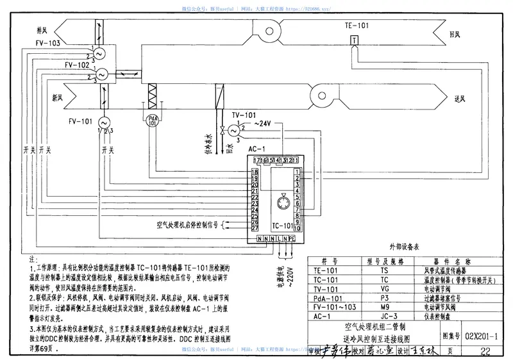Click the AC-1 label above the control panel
point(256,149)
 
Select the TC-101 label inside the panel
point(282,226)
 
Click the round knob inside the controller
point(283,202)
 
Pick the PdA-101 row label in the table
point(332,299)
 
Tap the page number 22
point(484,350)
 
